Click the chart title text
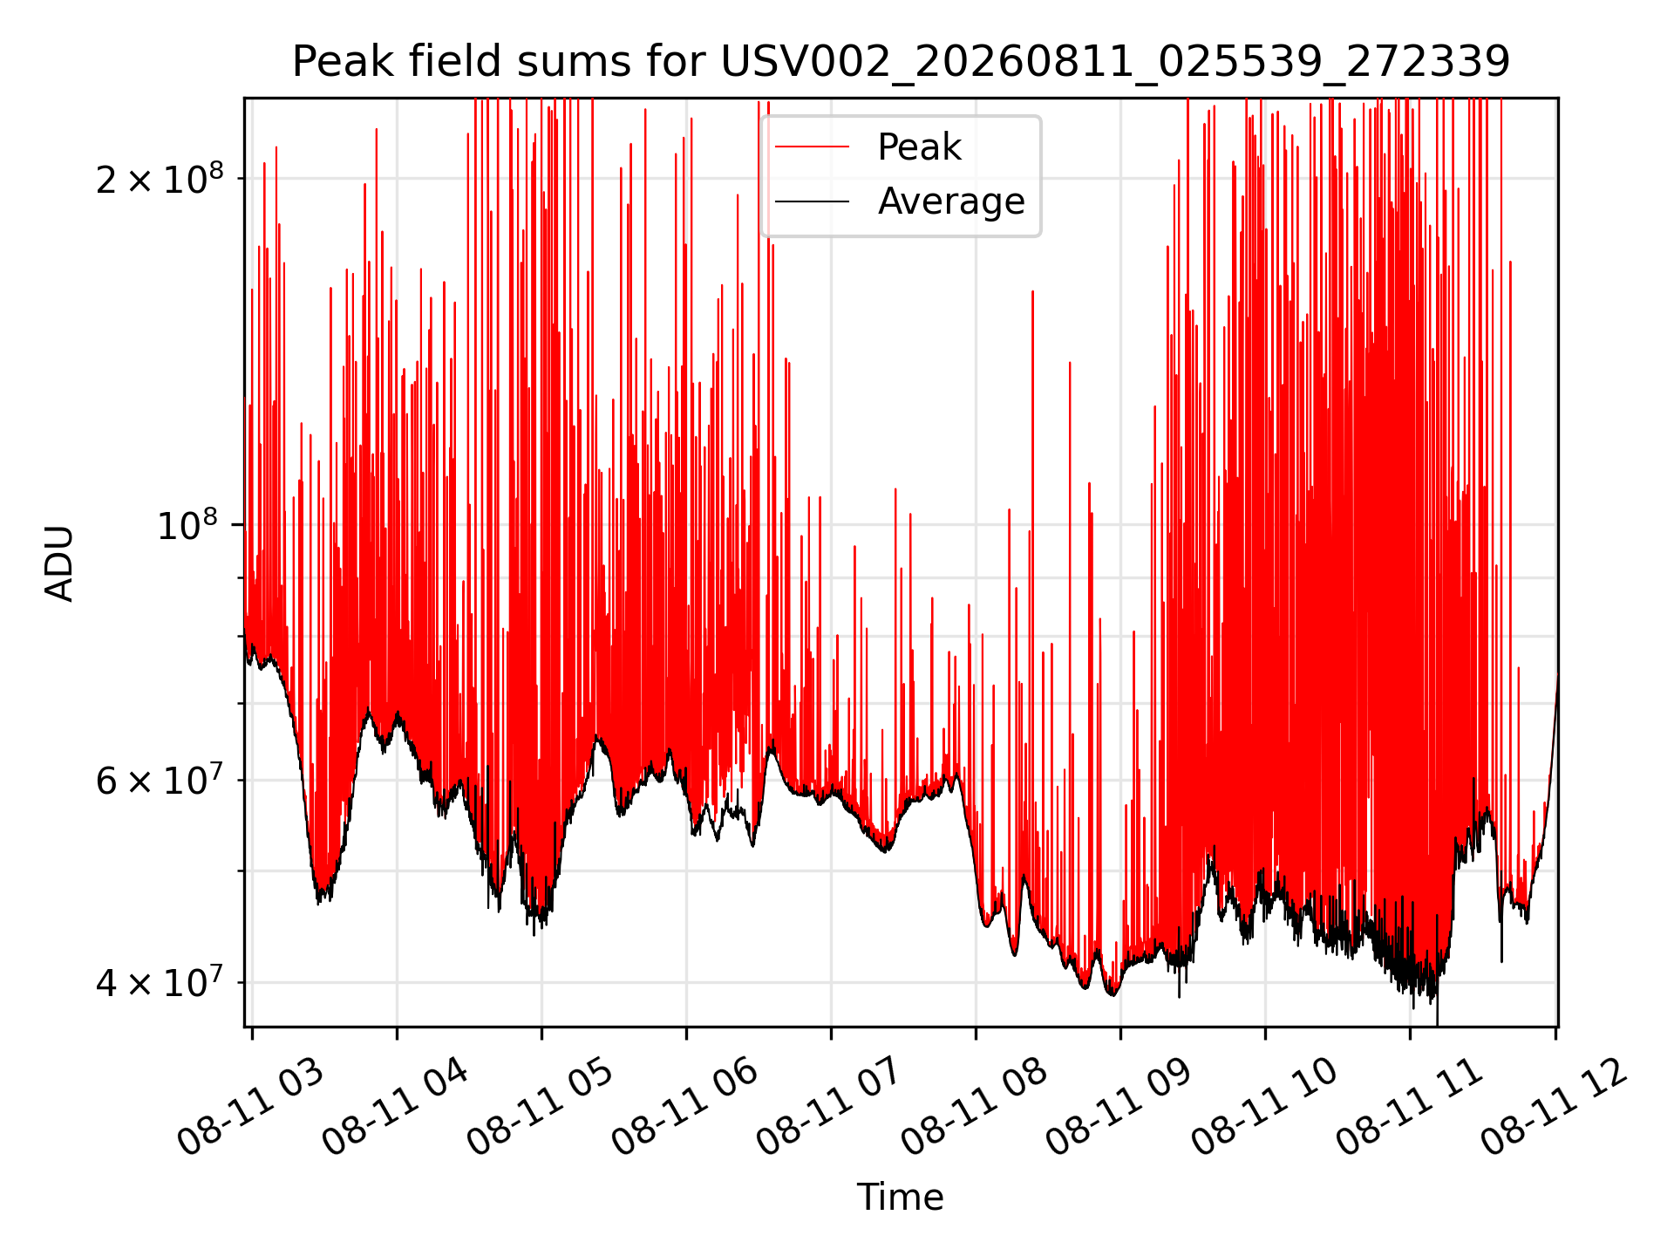901,62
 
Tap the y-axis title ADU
59,563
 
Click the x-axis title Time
901,1197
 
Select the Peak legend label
919,147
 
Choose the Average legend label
951,201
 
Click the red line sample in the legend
812,147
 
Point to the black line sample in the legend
812,201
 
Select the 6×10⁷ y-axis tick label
160,779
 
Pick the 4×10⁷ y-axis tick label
160,981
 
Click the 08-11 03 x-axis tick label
252,1108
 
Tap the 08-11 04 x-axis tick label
397,1108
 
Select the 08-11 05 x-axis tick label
541,1108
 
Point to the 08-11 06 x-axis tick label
686,1108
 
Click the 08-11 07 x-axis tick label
831,1108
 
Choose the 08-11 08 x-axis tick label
976,1108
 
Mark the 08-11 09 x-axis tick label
1120,1108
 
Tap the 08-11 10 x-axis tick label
1265,1108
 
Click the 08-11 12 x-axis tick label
1555,1108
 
